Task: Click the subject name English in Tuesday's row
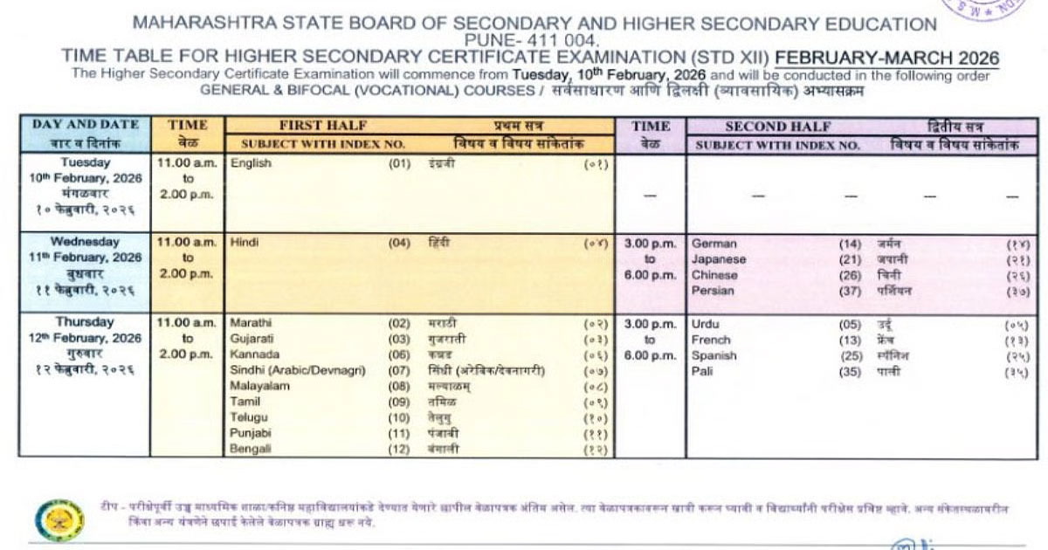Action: click(x=251, y=162)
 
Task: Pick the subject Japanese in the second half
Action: click(x=718, y=259)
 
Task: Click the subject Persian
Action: click(x=713, y=291)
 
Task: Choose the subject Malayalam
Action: click(x=259, y=386)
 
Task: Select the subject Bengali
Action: click(x=251, y=449)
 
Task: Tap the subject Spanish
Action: click(x=714, y=355)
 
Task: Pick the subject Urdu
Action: click(x=705, y=324)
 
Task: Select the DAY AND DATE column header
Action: click(x=85, y=125)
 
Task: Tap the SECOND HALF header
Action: click(x=778, y=127)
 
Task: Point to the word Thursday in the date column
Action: click(x=85, y=322)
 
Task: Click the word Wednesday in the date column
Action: click(x=85, y=242)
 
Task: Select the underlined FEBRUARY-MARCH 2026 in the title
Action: click(x=887, y=58)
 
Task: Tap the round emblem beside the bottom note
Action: click(x=59, y=519)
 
